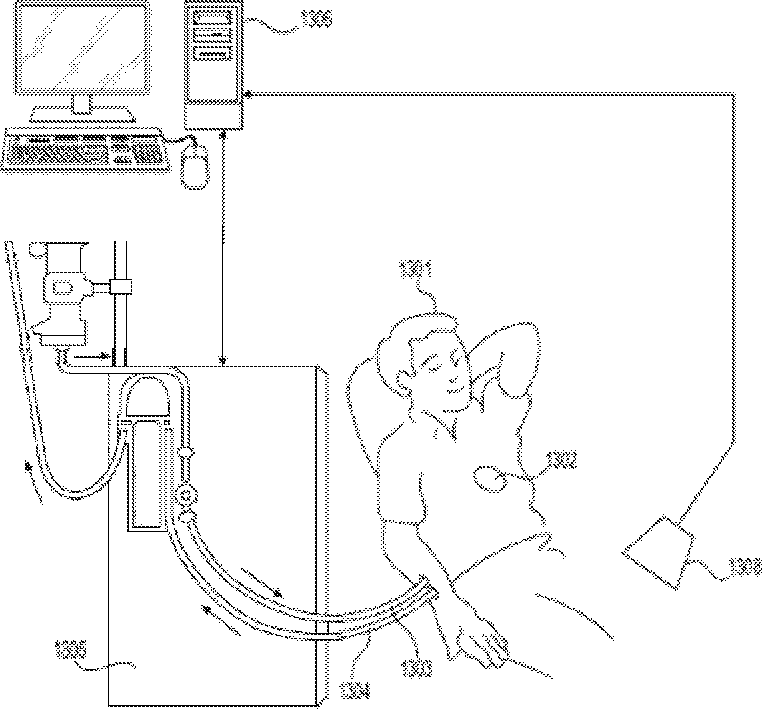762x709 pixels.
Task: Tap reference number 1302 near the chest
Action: [x=559, y=461]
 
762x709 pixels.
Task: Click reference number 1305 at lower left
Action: [x=72, y=649]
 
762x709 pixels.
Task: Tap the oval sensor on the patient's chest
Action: [x=493, y=479]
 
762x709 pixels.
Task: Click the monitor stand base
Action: [x=84, y=113]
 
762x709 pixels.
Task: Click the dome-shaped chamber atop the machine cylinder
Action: [x=151, y=395]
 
